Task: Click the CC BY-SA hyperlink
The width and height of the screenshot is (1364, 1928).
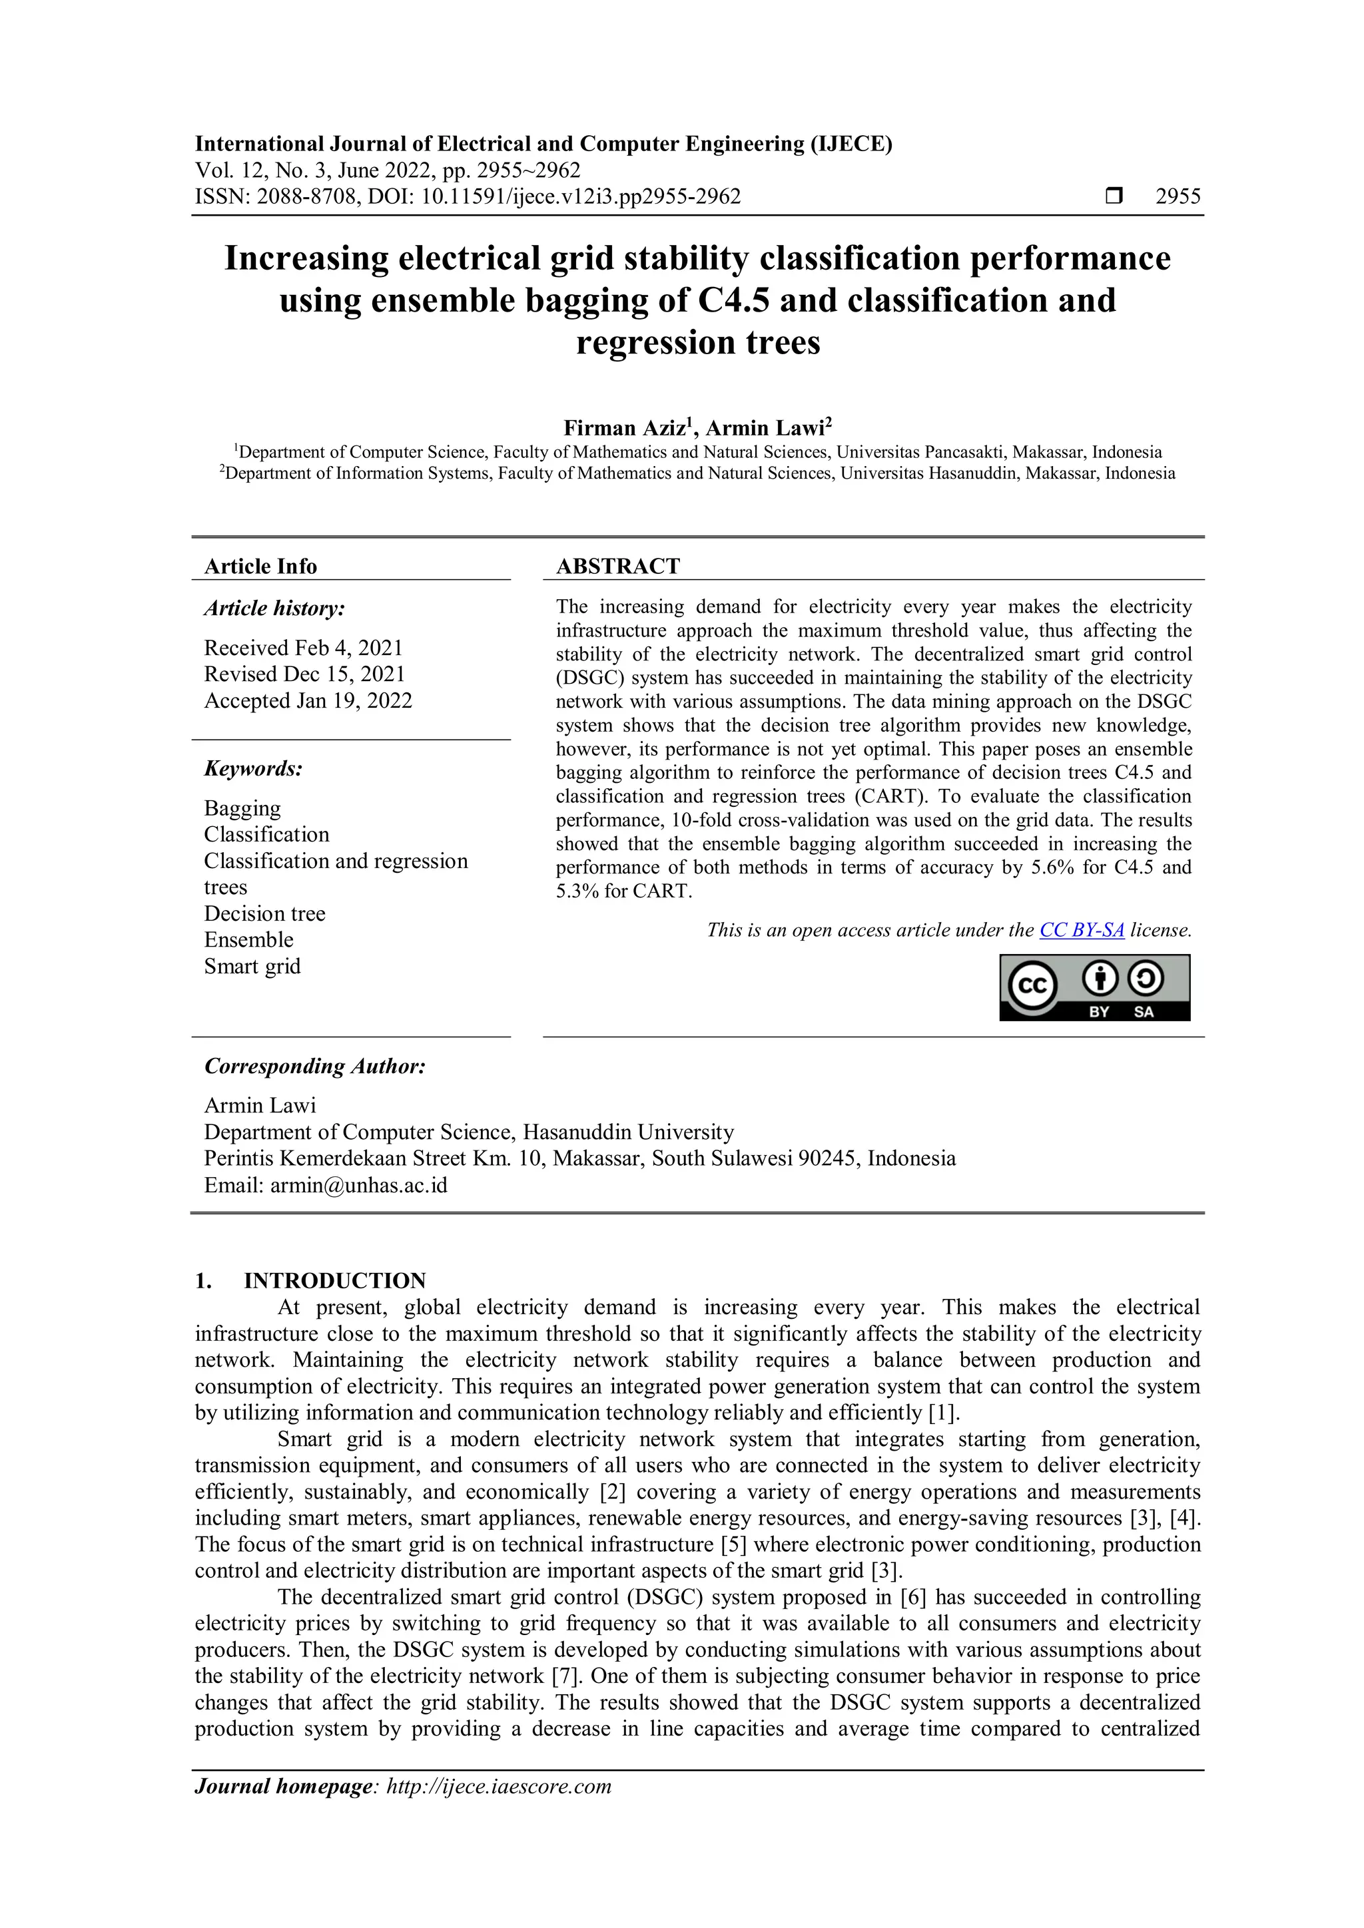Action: pos(1081,931)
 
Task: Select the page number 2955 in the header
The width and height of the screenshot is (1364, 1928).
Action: pos(1178,196)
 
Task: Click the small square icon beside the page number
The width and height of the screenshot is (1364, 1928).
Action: pos(1114,196)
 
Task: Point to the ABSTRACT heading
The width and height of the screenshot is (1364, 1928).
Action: pos(617,567)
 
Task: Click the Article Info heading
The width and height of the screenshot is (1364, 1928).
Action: pos(260,567)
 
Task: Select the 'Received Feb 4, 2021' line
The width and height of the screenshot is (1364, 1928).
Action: pos(303,648)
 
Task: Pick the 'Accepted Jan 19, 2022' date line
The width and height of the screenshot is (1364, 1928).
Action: pos(308,701)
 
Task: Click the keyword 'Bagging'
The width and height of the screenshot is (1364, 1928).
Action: pos(242,809)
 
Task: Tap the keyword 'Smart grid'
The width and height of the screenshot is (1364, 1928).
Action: pos(252,967)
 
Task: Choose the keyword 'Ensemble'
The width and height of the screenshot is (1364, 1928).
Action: pos(248,941)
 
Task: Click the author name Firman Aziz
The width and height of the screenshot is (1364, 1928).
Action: pos(625,429)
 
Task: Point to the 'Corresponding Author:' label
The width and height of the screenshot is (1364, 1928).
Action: pos(315,1067)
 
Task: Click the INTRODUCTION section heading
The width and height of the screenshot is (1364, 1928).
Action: pos(334,1281)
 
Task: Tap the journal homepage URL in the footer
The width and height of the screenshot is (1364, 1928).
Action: pos(498,1787)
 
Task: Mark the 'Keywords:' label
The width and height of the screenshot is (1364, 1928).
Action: pos(253,769)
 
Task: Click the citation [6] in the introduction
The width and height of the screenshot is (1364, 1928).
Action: pos(912,1597)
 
